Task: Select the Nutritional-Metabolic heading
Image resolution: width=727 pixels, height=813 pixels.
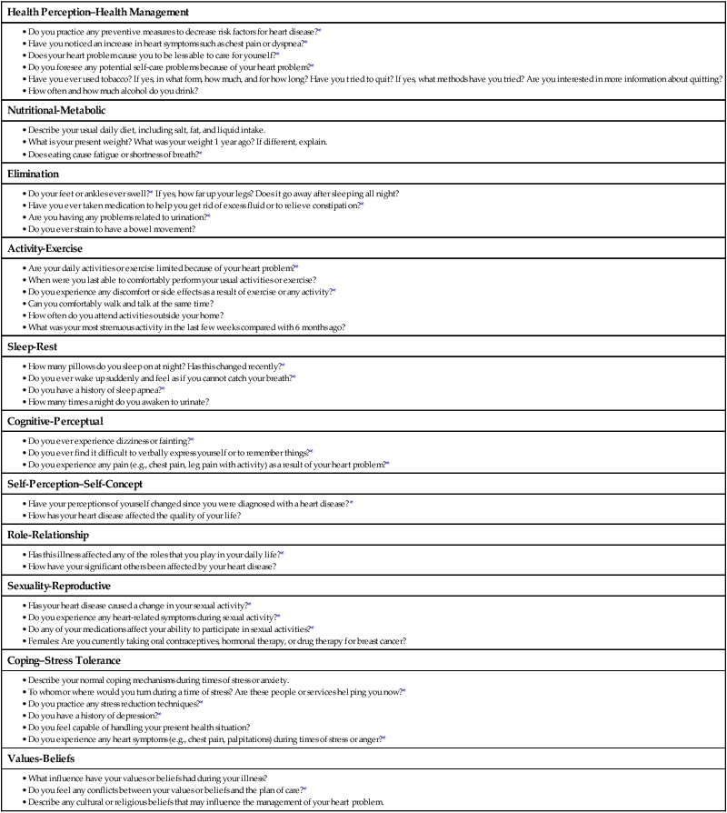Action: click(x=63, y=111)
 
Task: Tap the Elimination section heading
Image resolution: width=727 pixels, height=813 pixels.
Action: click(x=34, y=173)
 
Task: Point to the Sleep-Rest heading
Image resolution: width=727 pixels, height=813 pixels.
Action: click(x=33, y=346)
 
